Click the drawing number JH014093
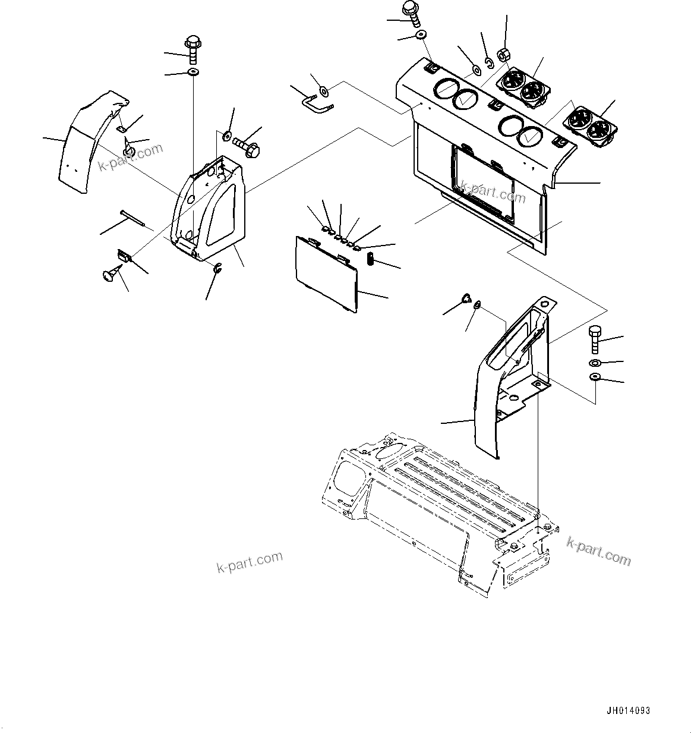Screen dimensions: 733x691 pyautogui.click(x=629, y=710)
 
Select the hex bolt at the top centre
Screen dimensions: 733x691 pyautogui.click(x=411, y=11)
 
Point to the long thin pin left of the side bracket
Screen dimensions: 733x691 pyautogui.click(x=132, y=218)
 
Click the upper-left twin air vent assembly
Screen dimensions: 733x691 pyautogui.click(x=522, y=87)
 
